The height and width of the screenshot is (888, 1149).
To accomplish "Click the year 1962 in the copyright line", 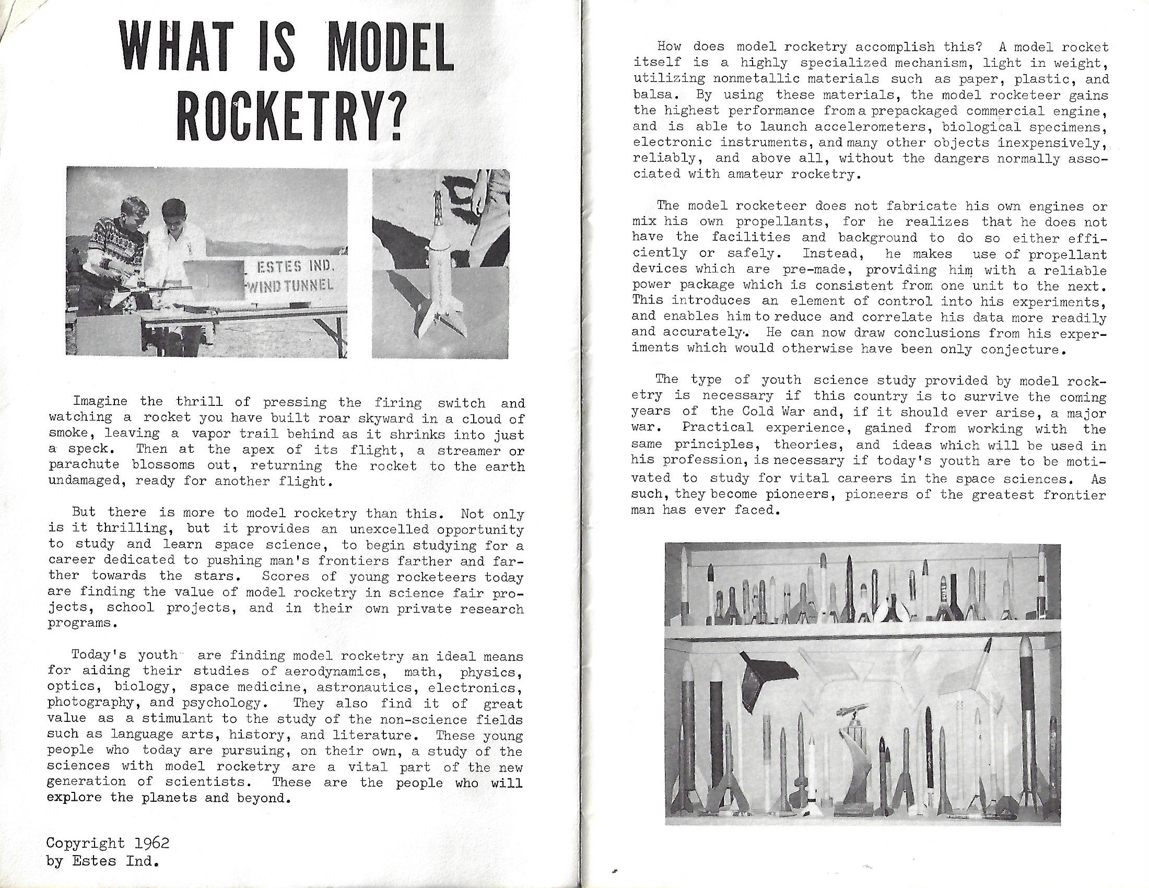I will pos(151,843).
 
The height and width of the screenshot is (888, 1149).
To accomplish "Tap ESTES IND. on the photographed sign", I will pos(295,267).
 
